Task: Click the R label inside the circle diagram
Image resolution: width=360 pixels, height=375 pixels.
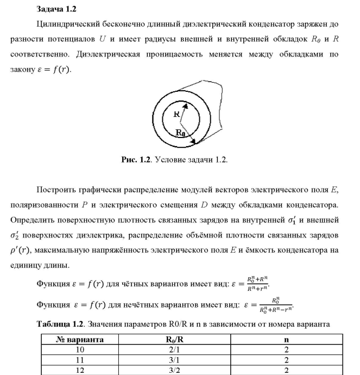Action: tap(176, 115)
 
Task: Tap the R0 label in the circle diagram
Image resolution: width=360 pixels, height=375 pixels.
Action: tap(181, 133)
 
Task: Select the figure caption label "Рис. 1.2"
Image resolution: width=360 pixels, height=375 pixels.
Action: tap(135, 160)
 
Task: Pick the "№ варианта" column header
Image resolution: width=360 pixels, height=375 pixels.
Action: tap(80, 340)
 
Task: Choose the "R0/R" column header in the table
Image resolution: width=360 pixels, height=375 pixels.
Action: tap(175, 340)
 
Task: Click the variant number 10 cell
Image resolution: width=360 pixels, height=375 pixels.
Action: tap(80, 349)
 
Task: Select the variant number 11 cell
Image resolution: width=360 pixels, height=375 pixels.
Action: tap(80, 359)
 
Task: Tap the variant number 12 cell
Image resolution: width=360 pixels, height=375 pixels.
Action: tap(80, 369)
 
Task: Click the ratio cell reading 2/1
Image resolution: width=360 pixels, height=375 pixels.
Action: tap(175, 349)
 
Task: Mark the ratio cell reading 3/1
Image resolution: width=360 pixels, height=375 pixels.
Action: tap(175, 359)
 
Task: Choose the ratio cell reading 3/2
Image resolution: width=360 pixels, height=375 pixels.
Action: tap(175, 369)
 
